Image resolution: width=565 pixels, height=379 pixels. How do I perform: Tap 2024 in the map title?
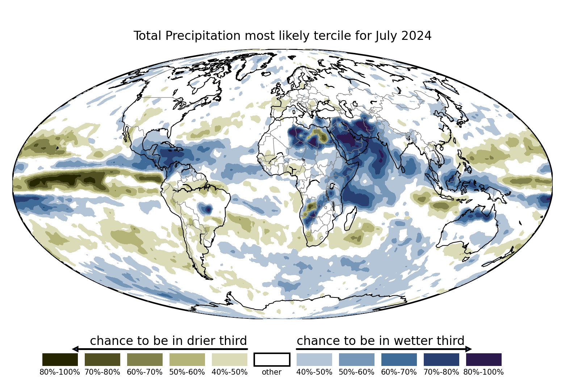click(416, 36)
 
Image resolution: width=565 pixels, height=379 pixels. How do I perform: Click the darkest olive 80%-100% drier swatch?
click(60, 359)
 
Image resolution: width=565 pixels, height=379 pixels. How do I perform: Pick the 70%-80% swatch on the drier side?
click(102, 359)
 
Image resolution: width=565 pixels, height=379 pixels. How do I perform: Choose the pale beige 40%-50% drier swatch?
click(230, 359)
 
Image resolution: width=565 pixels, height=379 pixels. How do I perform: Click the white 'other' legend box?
click(272, 359)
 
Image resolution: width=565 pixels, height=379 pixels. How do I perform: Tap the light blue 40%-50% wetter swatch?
click(314, 359)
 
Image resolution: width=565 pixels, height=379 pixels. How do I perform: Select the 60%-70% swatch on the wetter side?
click(399, 359)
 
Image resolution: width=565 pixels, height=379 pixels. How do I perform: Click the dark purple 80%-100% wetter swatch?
click(484, 359)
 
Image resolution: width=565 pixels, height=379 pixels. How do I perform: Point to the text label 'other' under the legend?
click(272, 372)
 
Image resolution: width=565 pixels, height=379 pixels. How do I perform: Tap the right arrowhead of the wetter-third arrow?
click(468, 349)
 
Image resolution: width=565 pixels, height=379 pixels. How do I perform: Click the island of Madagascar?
click(351, 218)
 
